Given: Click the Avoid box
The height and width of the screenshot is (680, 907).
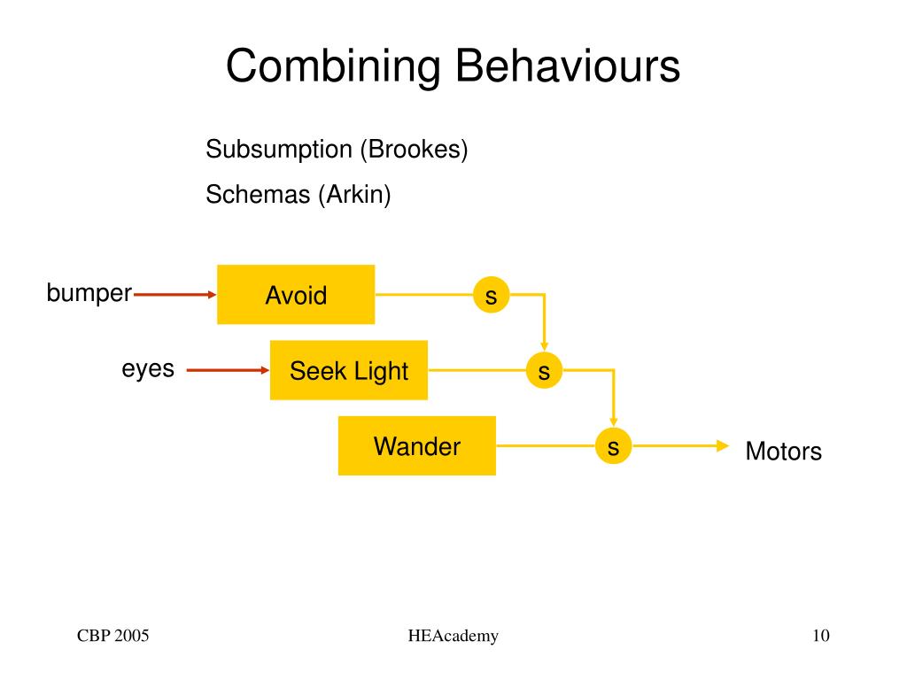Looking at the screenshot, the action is point(296,294).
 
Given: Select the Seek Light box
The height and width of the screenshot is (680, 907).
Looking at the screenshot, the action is point(349,370).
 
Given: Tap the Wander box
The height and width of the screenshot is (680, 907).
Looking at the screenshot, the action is point(417,446).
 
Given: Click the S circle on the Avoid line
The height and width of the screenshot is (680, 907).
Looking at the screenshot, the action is point(491,295).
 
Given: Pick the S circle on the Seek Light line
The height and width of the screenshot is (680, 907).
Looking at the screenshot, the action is point(545,370).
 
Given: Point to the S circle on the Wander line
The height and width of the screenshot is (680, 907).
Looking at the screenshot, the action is point(613,446).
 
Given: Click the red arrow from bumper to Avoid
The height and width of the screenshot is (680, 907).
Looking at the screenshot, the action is point(174,295).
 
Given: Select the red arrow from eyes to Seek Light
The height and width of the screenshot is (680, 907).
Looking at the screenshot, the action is point(228,370).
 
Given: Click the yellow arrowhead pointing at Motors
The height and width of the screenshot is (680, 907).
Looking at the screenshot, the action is point(723,446).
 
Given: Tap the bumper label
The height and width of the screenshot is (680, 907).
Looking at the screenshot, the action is point(89,293).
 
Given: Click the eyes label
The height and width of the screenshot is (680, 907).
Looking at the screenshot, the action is point(148,369).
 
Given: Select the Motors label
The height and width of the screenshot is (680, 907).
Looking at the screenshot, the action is point(783,451).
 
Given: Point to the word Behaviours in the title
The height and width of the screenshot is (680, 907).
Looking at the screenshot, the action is point(568,66).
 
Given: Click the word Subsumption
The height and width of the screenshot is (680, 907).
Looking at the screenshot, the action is point(279,150).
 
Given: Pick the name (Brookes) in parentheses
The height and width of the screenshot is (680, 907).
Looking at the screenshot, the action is point(414,150).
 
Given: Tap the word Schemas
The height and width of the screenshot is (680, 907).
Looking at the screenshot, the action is point(258,194).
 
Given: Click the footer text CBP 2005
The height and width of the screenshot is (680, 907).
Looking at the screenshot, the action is point(112,636).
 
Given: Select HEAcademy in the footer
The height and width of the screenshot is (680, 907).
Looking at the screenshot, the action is point(453,636).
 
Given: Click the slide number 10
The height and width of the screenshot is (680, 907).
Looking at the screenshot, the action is point(821,636).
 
